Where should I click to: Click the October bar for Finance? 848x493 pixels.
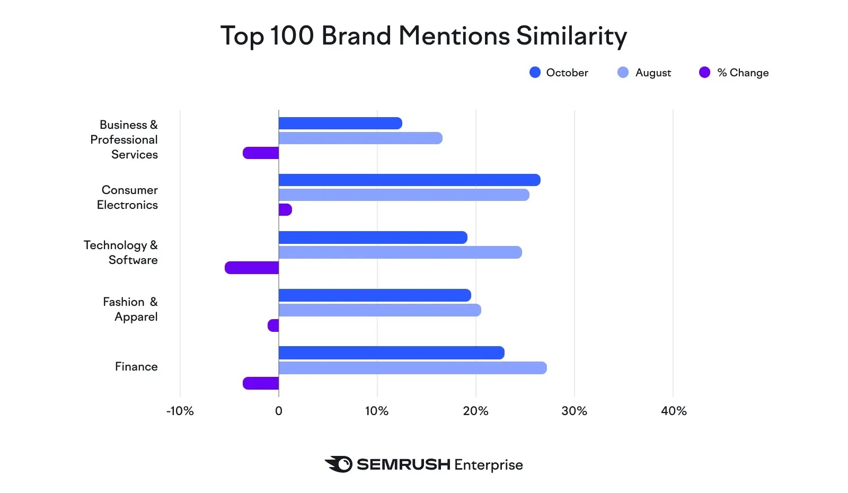(391, 353)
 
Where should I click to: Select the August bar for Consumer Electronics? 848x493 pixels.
(404, 195)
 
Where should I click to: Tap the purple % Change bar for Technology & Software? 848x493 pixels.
(252, 268)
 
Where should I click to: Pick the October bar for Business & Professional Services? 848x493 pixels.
(340, 124)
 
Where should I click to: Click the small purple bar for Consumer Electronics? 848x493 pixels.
(285, 210)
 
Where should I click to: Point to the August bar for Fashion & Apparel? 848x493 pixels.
(379, 310)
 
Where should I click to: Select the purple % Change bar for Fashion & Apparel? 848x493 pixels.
(273, 325)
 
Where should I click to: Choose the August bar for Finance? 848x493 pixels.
(412, 368)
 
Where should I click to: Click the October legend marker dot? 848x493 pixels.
(535, 73)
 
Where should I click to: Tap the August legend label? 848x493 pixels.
(653, 73)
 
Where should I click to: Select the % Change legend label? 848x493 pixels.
(743, 73)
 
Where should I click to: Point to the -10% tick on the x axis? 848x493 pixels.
(180, 411)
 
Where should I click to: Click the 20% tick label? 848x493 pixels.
(475, 411)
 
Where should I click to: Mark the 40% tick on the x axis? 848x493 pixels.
(674, 411)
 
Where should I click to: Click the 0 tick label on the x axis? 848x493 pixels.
(279, 411)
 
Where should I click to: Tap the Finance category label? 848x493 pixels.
(136, 366)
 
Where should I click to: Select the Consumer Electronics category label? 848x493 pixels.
(128, 197)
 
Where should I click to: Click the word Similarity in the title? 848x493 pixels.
(571, 36)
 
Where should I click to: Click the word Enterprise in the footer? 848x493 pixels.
(488, 465)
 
